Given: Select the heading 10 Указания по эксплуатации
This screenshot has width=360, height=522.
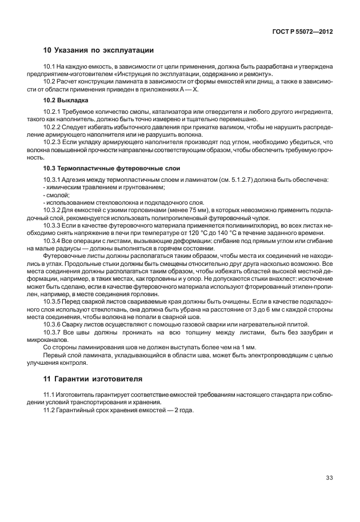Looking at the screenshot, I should coord(99,50).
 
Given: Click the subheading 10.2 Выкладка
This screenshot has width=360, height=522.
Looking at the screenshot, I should coord(65,100).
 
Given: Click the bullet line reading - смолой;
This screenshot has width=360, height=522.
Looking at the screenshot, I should coord(53,195).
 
